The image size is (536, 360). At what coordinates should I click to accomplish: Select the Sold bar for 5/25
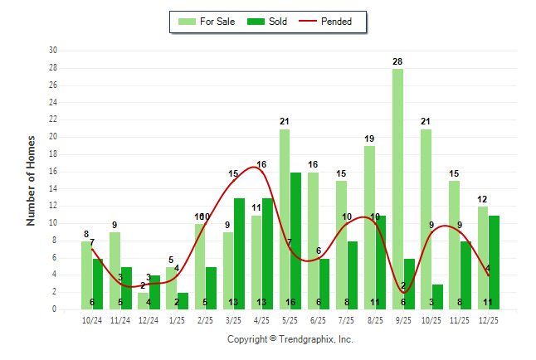point(296,241)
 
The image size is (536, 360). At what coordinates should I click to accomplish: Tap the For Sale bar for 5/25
point(285,219)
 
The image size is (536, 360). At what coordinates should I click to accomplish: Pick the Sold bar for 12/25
point(494,262)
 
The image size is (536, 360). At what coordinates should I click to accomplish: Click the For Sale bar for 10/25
point(426,219)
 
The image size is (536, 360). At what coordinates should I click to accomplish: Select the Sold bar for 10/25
point(437,296)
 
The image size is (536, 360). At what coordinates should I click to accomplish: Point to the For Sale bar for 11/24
point(115,270)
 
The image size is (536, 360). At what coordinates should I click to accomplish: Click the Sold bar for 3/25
point(240,254)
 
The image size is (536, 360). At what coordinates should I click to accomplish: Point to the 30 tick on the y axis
point(52,51)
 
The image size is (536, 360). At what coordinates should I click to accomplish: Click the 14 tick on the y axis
point(52,188)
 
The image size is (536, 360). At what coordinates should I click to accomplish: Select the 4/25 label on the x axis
point(262,319)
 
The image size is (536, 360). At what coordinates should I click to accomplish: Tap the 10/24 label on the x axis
point(92,319)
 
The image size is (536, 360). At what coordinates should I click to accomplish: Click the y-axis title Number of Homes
point(32,180)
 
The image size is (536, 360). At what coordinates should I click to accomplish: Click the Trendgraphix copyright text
point(290,339)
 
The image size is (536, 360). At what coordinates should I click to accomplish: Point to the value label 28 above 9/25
point(398,62)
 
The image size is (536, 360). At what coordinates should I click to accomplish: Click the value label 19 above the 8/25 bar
point(370,139)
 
